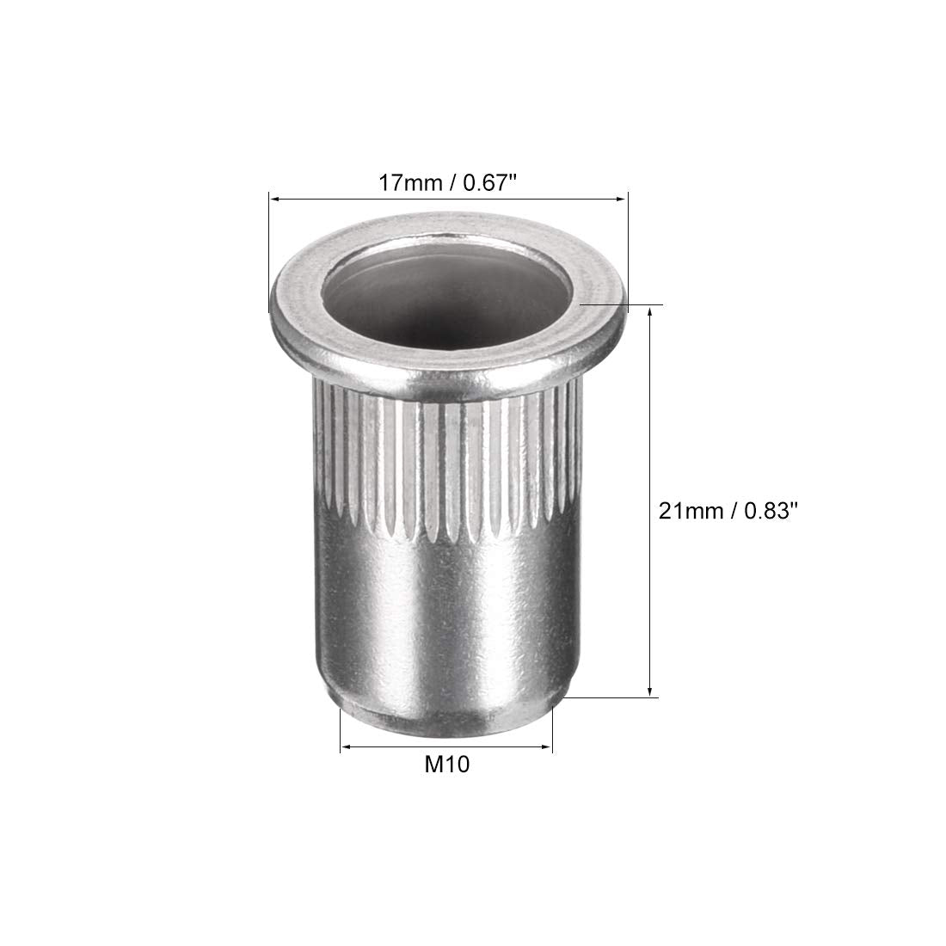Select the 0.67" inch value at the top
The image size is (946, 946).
pos(490,182)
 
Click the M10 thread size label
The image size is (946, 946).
pos(447,765)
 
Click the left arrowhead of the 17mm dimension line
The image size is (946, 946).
pos(274,198)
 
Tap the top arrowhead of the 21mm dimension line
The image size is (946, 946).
pos(650,312)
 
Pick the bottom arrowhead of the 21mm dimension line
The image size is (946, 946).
pos(650,691)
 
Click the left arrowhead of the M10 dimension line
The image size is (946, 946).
pos(347,747)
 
